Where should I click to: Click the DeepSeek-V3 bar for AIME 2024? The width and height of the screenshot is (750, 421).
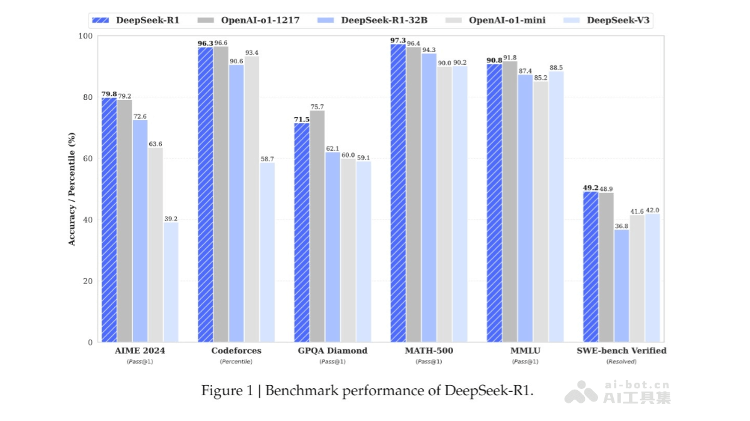pyautogui.click(x=170, y=282)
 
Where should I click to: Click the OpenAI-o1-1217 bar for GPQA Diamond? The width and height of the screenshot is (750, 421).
pyautogui.click(x=317, y=226)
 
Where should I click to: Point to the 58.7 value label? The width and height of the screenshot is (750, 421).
pyautogui.click(x=267, y=159)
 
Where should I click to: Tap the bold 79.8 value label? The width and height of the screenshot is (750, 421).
pyautogui.click(x=109, y=94)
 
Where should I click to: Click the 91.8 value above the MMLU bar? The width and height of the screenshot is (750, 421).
pyautogui.click(x=510, y=58)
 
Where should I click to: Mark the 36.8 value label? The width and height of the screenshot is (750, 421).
pyautogui.click(x=621, y=226)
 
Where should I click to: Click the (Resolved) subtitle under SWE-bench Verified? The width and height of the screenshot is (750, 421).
pyautogui.click(x=621, y=362)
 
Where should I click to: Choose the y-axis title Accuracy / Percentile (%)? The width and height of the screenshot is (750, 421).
pyautogui.click(x=72, y=189)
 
